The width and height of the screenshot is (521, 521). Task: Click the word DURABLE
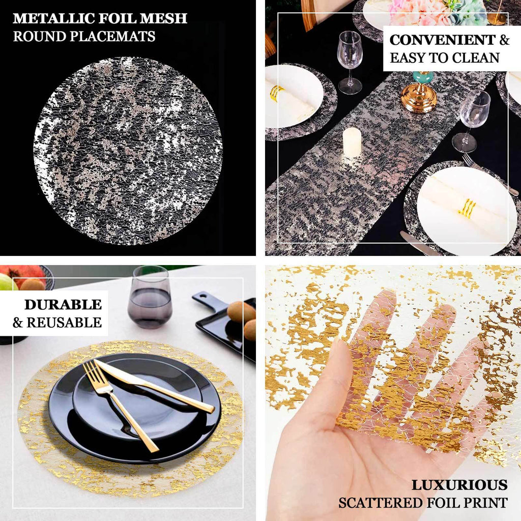63,305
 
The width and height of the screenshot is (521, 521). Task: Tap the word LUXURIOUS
459,485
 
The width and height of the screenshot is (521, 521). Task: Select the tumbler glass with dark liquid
150,298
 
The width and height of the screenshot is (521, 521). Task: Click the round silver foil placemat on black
128,150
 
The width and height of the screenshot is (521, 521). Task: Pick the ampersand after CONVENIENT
504,40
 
